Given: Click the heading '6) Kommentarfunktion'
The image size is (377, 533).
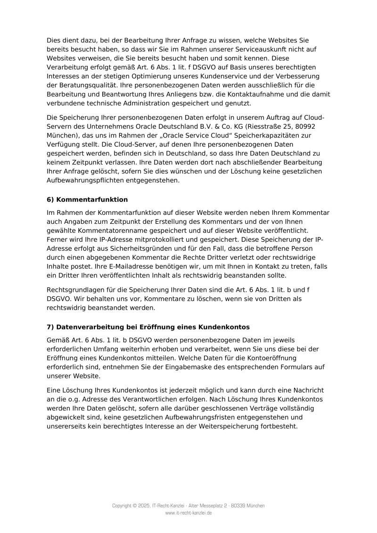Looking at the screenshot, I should click(x=87, y=200).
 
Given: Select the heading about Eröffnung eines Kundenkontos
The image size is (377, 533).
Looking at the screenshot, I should click(x=148, y=327).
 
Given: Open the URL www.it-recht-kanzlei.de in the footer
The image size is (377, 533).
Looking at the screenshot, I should click(x=188, y=513).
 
